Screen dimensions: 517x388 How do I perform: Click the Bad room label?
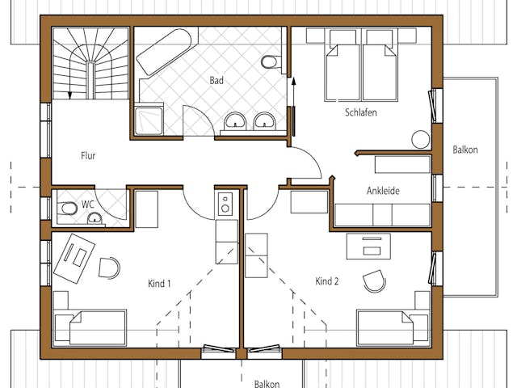pos(216,81)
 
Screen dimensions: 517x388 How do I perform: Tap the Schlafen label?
pos(361,112)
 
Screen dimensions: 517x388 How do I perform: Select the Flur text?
pos(88,155)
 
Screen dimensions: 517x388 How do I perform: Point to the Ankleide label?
pos(383,191)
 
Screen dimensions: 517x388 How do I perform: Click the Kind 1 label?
pos(159,284)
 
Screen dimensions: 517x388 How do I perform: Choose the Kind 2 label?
pos(326,281)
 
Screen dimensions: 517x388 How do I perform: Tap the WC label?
pos(88,205)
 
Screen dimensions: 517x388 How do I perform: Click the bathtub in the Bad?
pos(163,52)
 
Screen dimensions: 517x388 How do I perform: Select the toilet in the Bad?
pos(271,61)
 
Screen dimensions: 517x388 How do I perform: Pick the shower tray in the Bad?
pos(149,120)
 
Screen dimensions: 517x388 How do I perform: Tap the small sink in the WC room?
pos(95,219)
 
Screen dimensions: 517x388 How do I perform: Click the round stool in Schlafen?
pos(421,140)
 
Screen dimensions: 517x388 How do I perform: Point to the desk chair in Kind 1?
pos(109,268)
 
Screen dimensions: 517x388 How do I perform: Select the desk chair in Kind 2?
pos(374,281)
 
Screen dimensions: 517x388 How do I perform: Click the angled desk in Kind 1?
pos(74,259)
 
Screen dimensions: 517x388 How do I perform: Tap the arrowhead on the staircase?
pos(69,96)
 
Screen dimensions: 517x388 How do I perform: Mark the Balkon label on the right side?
pos(465,150)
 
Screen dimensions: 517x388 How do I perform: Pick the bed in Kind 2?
pos(393,327)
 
